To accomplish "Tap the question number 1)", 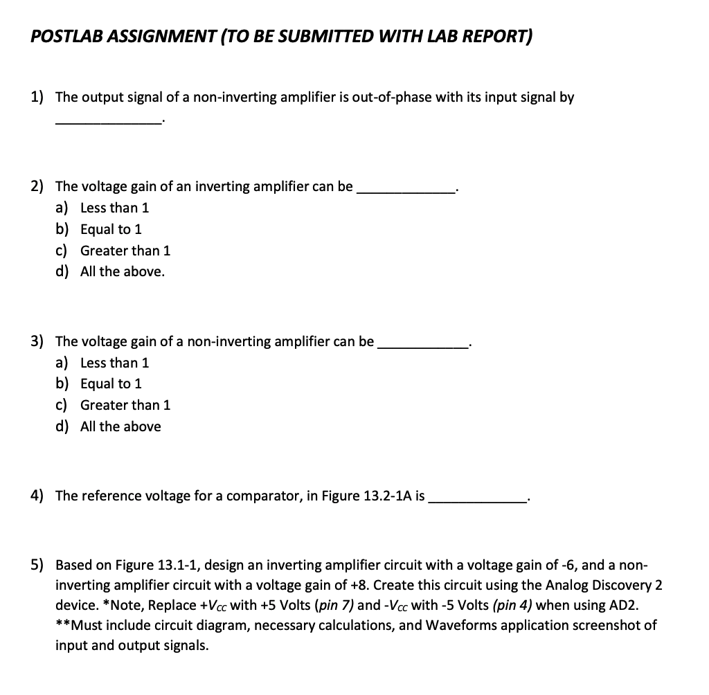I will click(39, 97).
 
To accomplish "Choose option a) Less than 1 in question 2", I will click(114, 208).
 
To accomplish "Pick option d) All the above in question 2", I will click(122, 271).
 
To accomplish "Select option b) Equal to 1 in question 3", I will click(111, 383).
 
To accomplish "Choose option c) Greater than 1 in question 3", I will click(125, 405).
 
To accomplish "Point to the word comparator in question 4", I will click(263, 496).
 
